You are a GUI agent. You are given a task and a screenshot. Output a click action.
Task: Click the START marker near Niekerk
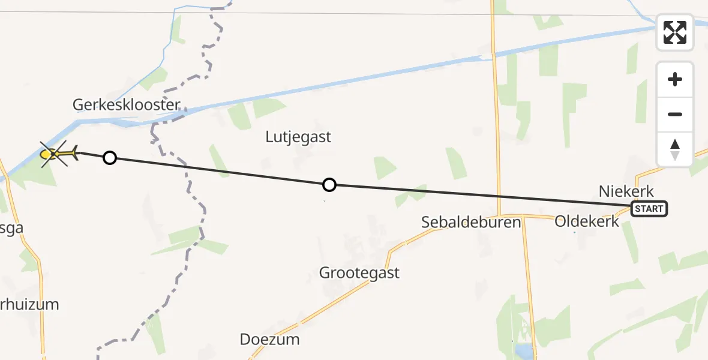[x=649, y=209]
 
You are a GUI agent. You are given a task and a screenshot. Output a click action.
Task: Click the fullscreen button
[x=675, y=32]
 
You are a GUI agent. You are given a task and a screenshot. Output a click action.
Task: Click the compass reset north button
[x=675, y=149]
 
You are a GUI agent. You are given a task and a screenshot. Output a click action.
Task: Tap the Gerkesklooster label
[x=126, y=105]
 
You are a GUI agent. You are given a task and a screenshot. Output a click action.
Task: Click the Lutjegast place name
[x=298, y=137]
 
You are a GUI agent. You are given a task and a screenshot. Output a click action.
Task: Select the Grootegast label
[x=359, y=273]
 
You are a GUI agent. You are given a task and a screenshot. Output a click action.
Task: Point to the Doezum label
[x=269, y=339]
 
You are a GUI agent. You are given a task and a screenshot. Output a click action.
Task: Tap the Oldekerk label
[x=587, y=221]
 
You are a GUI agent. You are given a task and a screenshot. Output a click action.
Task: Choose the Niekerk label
[x=626, y=191]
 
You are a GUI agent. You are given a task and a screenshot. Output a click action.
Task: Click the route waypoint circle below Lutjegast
[x=329, y=185]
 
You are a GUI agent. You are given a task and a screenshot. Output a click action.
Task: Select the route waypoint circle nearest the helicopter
[x=109, y=158]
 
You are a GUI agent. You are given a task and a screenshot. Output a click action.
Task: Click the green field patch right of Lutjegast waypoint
[x=385, y=167]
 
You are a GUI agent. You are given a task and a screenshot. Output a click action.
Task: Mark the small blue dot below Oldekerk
[x=574, y=232]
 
